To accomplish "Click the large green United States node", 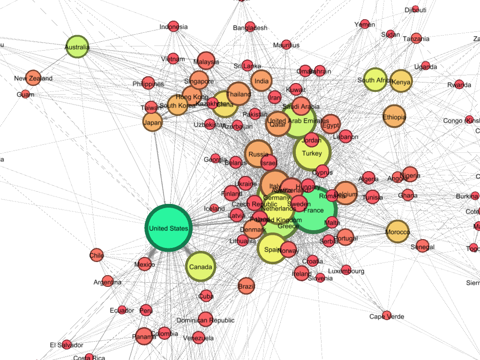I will pyautogui.click(x=168, y=228).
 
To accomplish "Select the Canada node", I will pyautogui.click(x=201, y=267).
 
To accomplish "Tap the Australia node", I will pyautogui.click(x=77, y=47).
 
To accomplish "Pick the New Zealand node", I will pyautogui.click(x=33, y=78).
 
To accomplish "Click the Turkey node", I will pyautogui.click(x=312, y=153).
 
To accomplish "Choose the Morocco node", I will pyautogui.click(x=397, y=232).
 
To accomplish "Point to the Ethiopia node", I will pyautogui.click(x=394, y=117).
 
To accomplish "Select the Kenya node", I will pyautogui.click(x=401, y=82).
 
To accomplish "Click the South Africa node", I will pyautogui.click(x=375, y=80).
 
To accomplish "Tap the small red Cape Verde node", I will pyautogui.click(x=386, y=315).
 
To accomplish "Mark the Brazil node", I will pyautogui.click(x=246, y=286).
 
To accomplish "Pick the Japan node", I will pyautogui.click(x=152, y=123).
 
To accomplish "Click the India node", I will pyautogui.click(x=261, y=82).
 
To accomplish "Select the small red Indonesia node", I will pyautogui.click(x=173, y=26).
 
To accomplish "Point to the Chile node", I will pyautogui.click(x=97, y=255).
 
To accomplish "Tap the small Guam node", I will pyautogui.click(x=25, y=94).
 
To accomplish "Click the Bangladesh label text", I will pyautogui.click(x=250, y=28).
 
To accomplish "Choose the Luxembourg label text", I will pyautogui.click(x=346, y=271).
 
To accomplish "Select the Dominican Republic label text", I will pyautogui.click(x=205, y=321).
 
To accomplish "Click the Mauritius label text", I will pyautogui.click(x=286, y=45).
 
